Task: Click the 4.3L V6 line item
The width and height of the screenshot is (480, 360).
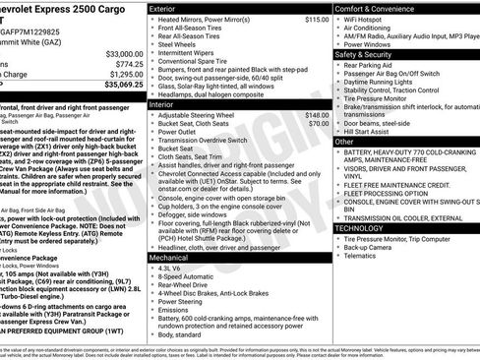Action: tap(171, 268)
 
